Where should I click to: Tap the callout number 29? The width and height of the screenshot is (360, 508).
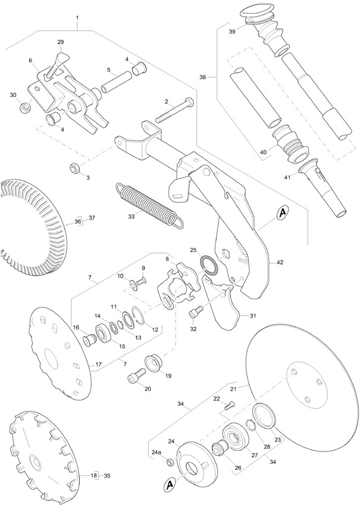click(x=61, y=42)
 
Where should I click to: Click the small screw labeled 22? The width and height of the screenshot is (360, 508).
click(x=231, y=406)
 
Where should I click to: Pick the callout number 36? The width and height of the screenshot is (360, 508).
click(x=77, y=222)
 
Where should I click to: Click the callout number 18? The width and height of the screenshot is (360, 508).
click(x=94, y=476)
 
